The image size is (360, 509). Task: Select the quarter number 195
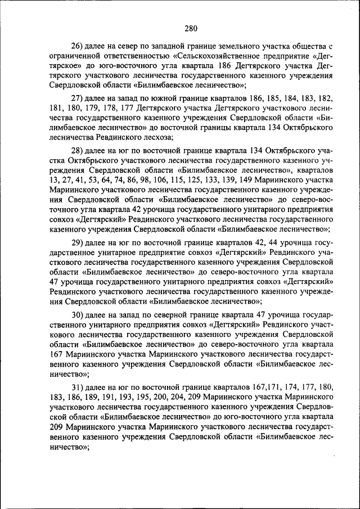tap(134, 398)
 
